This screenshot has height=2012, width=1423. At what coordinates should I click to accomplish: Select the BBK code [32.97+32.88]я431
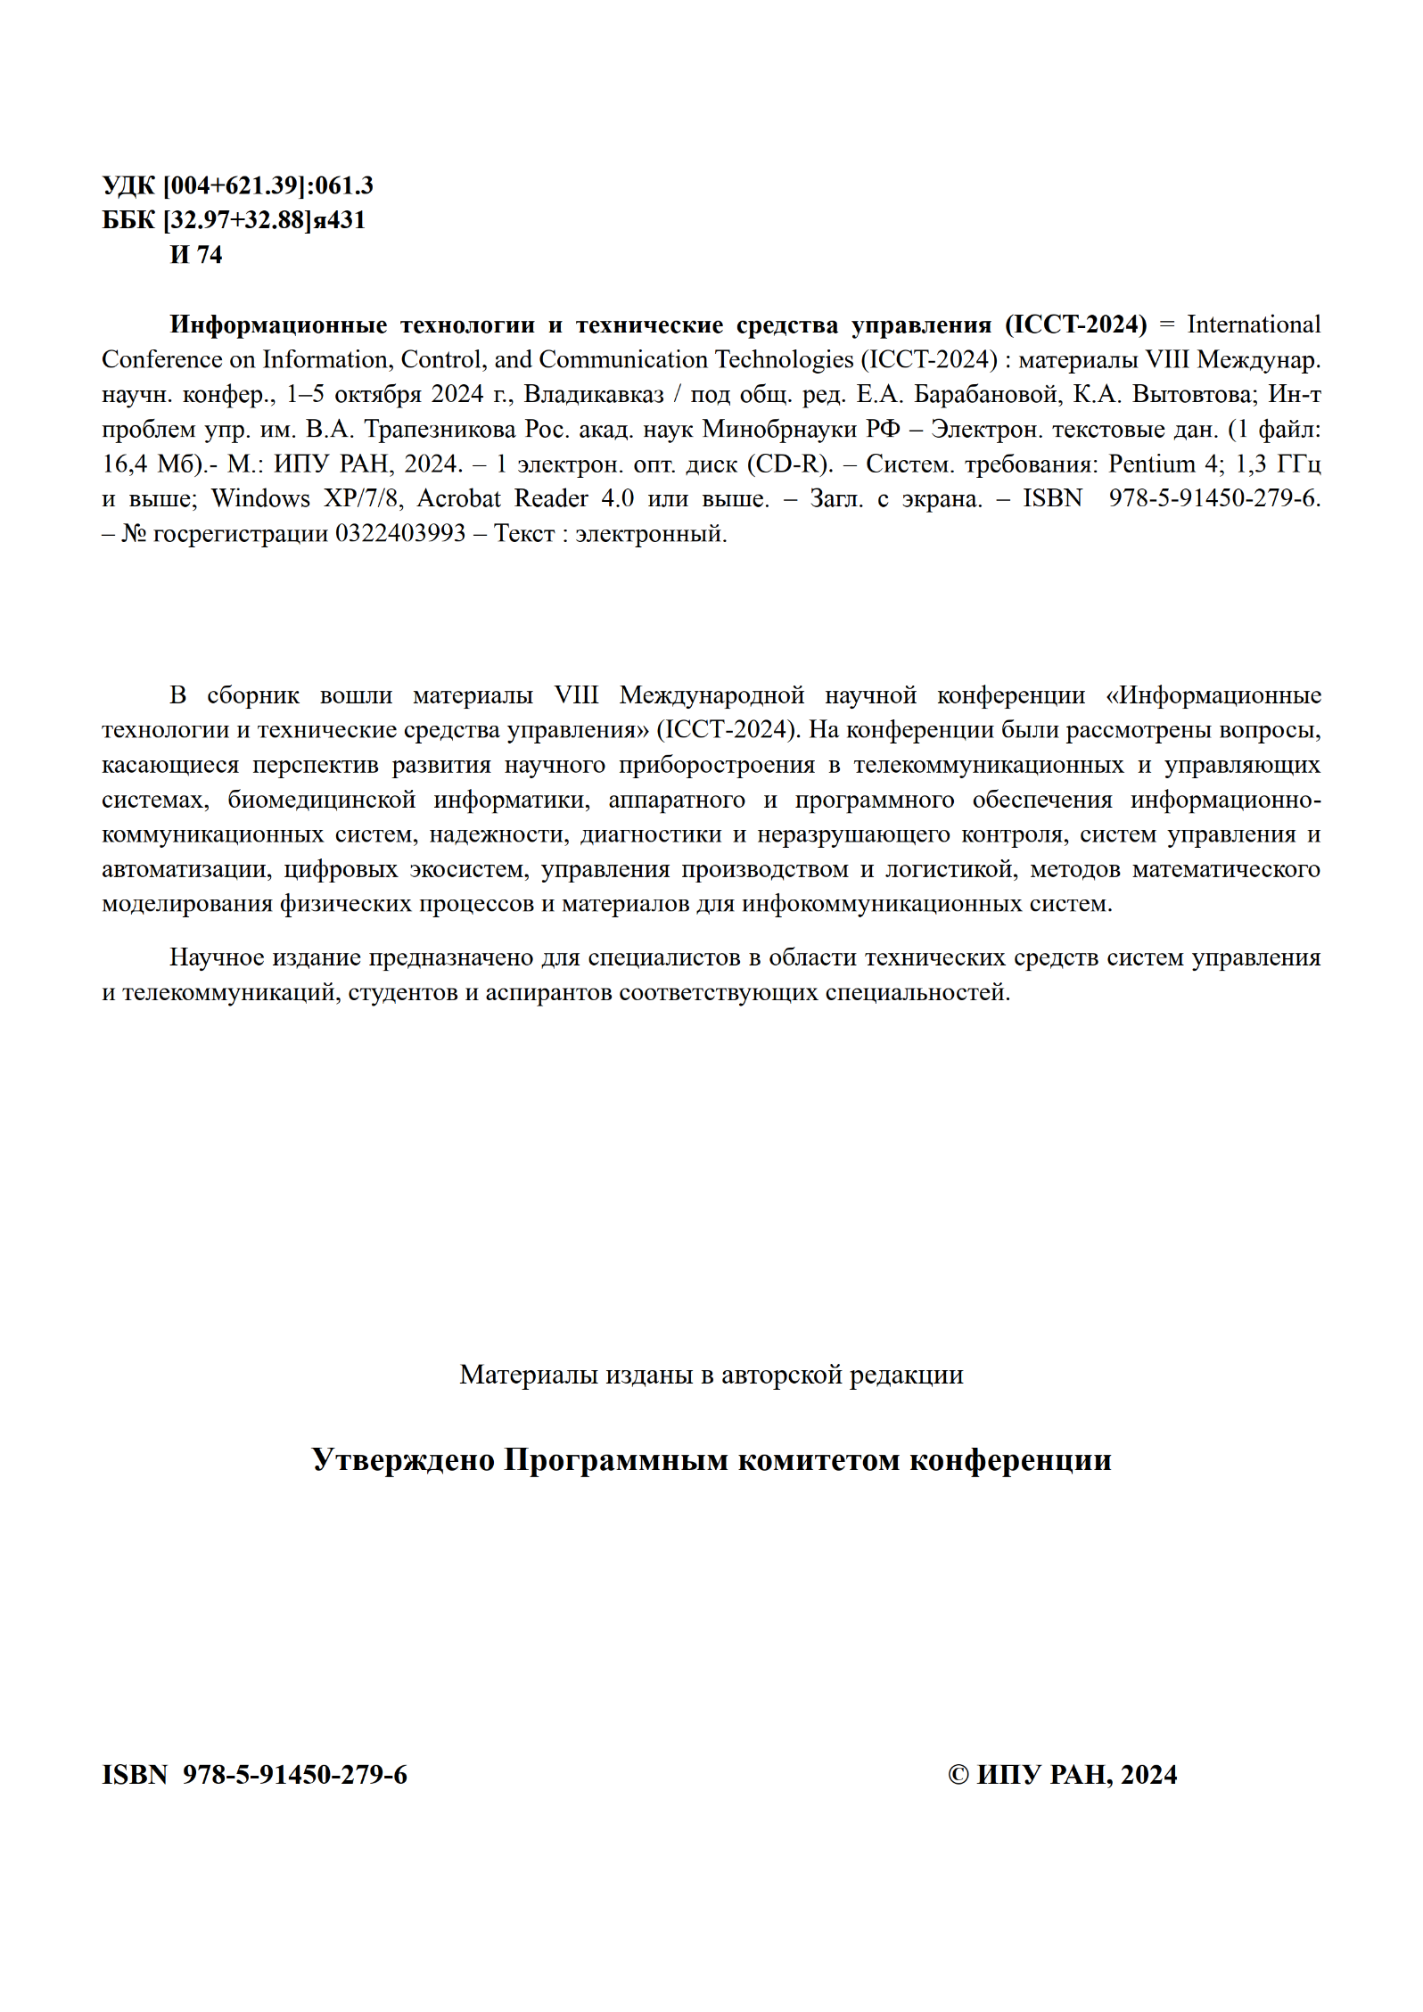click(x=264, y=220)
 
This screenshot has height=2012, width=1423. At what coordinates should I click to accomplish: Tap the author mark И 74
click(x=196, y=255)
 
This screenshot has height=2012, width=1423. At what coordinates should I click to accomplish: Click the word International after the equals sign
click(x=1253, y=324)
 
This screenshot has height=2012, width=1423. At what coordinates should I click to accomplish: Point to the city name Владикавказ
click(x=594, y=394)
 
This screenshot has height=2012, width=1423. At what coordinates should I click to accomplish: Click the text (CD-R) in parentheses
click(x=790, y=464)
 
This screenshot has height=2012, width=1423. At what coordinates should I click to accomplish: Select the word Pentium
click(x=1151, y=464)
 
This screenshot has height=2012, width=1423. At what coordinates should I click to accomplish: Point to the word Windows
click(x=260, y=498)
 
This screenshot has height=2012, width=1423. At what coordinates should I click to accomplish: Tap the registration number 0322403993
click(x=400, y=533)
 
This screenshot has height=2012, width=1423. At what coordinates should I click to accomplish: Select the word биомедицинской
click(x=321, y=800)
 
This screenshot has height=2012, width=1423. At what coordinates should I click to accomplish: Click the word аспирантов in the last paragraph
click(x=548, y=992)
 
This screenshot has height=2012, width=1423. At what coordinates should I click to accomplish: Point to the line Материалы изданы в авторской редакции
click(x=711, y=1375)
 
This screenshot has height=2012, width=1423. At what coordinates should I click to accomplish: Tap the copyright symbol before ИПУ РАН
click(x=958, y=1775)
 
